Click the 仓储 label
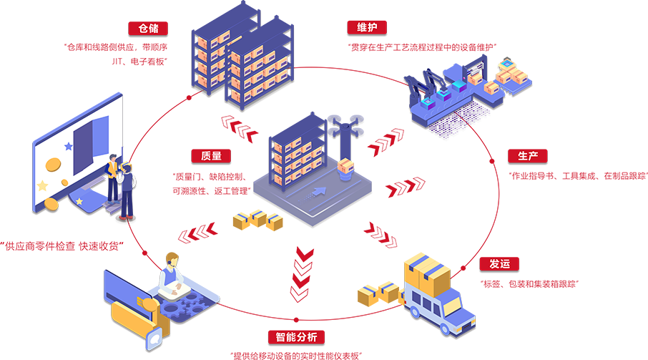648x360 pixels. [149, 29]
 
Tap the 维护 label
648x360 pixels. [367, 27]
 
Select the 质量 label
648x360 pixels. [211, 155]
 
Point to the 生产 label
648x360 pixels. [528, 155]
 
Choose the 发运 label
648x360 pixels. [500, 263]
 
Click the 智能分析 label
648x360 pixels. [296, 337]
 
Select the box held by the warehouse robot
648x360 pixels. [346, 167]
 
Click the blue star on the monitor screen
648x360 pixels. [69, 146]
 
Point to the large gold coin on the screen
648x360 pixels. [54, 165]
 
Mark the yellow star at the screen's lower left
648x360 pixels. [42, 185]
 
